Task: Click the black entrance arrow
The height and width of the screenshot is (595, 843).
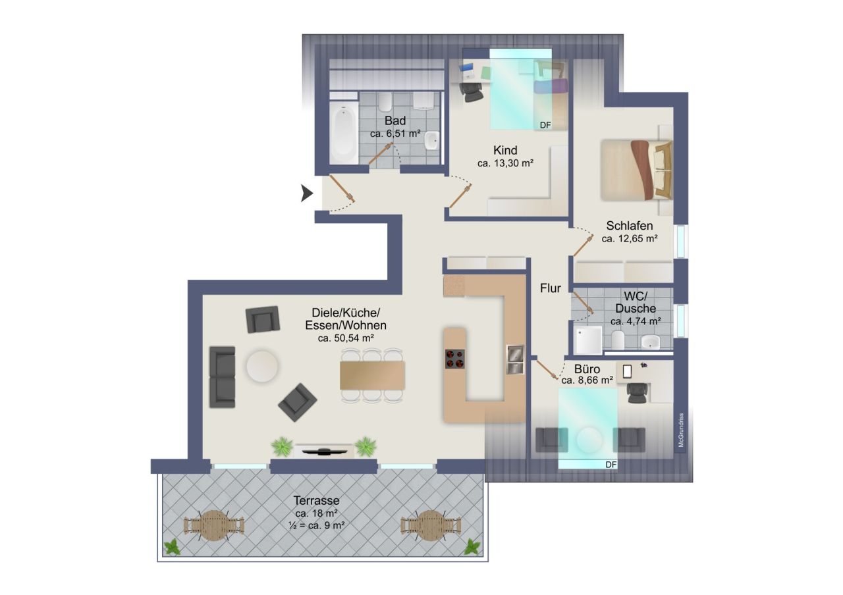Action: pos(307,194)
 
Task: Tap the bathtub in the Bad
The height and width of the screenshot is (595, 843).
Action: pos(343,135)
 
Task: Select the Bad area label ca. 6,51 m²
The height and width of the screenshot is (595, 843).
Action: pos(395,134)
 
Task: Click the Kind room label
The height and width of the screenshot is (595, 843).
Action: pos(505,150)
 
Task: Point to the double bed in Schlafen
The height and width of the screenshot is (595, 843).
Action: pos(636,169)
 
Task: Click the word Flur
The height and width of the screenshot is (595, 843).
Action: pos(551,288)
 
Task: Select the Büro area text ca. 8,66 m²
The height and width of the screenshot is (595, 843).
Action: pos(587,380)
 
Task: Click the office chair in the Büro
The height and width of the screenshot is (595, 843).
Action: pos(637,392)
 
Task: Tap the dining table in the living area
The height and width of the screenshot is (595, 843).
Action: pos(372,375)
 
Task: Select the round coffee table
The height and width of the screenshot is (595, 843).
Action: pos(262,365)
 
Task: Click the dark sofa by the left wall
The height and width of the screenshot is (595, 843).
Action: pos(222,376)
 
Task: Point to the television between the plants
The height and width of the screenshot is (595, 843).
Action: pos(323,450)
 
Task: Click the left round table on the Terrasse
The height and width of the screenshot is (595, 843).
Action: pos(213,525)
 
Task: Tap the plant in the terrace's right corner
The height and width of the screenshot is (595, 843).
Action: pos(472,546)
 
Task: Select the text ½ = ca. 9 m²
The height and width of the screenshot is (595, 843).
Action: pos(317,525)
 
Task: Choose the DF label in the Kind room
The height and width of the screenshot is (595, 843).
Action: pos(545,125)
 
